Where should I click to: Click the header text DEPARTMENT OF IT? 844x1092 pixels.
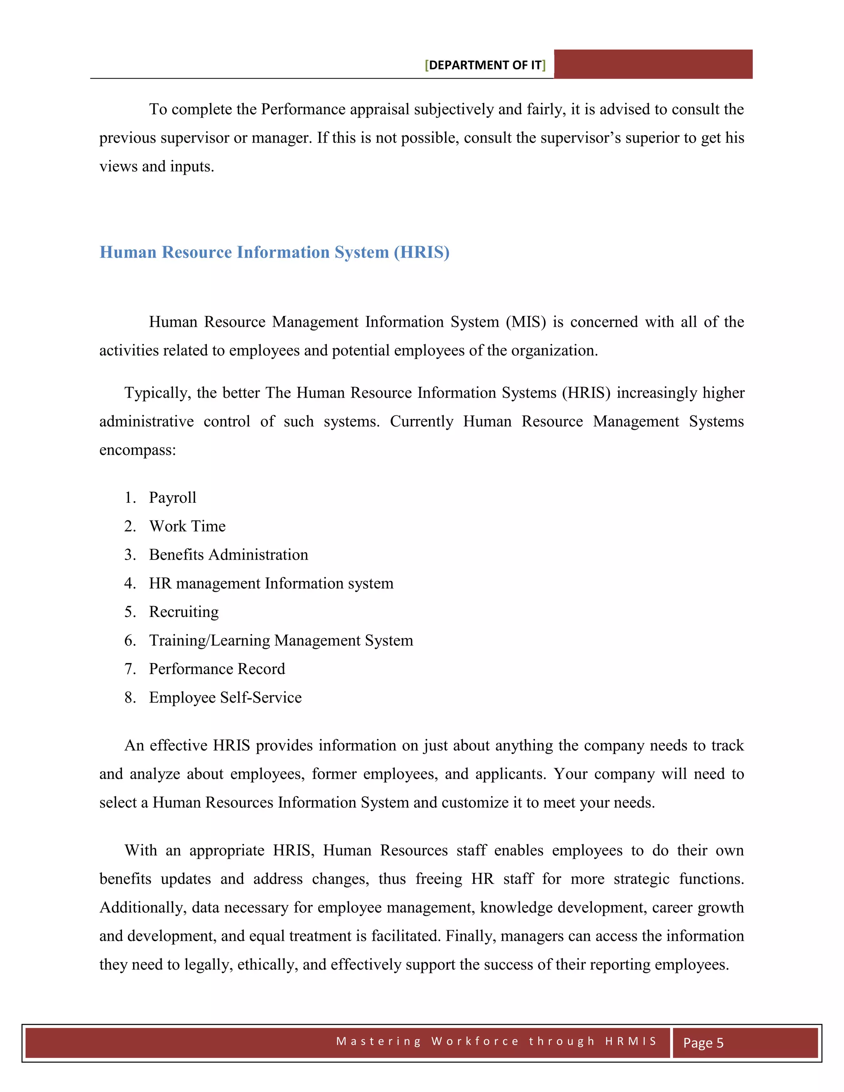coord(485,65)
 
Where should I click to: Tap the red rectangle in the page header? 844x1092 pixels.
coord(653,64)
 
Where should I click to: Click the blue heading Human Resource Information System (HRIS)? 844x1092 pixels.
coord(274,252)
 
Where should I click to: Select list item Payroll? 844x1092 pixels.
coord(173,497)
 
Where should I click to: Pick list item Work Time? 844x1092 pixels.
coord(188,526)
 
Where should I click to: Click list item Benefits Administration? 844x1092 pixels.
coord(228,555)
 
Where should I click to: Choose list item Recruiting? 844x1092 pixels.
coord(183,612)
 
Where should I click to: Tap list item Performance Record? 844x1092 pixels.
coord(217,668)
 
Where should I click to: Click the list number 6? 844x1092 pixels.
coord(129,640)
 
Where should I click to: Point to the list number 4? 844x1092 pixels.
coord(129,583)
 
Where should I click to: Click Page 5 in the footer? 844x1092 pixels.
coord(703,1043)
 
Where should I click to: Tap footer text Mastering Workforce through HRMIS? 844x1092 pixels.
coord(496,1041)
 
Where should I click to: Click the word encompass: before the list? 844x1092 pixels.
coord(138,450)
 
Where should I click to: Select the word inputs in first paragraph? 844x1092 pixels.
coord(192,166)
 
